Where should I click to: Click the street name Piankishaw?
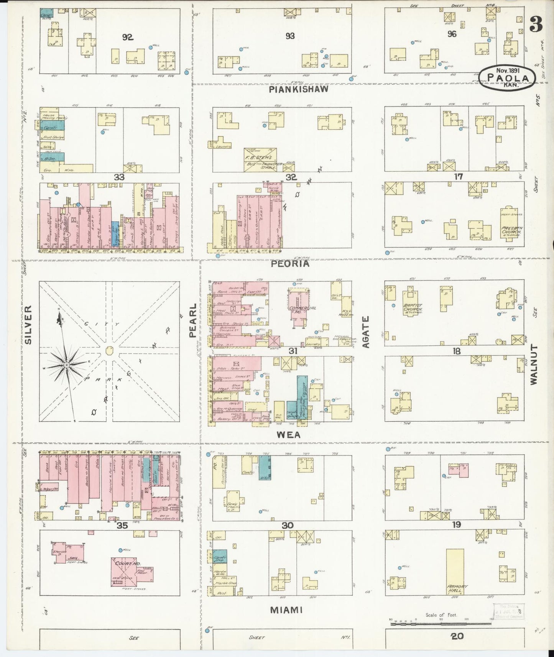[x=299, y=89]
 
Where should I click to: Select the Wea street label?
[x=289, y=435]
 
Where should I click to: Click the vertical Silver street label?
[x=28, y=325]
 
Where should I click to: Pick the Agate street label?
[x=366, y=332]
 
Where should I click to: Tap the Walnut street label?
[x=534, y=364]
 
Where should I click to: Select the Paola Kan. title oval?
[x=506, y=78]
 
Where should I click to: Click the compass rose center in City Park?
[x=67, y=365]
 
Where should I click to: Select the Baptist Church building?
[x=413, y=302]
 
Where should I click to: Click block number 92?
[x=127, y=37]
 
